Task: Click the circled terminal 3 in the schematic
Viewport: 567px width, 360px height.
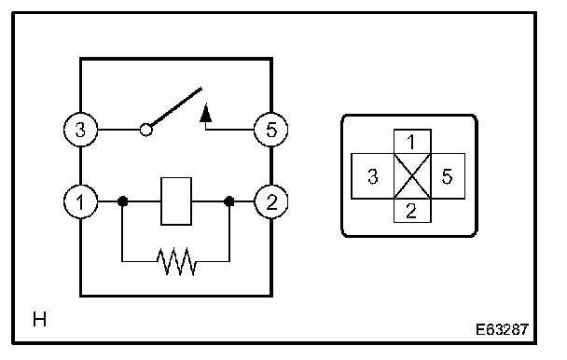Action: pyautogui.click(x=80, y=130)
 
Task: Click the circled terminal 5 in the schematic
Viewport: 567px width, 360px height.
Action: pyautogui.click(x=271, y=130)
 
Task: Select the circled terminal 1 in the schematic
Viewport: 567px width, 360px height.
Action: pyautogui.click(x=80, y=201)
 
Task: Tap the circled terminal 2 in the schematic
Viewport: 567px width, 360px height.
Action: pyautogui.click(x=271, y=201)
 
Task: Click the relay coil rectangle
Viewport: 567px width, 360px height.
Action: pyautogui.click(x=176, y=201)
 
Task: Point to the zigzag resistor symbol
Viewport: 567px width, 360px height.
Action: pyautogui.click(x=176, y=261)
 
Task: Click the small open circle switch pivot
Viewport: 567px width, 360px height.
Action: pyautogui.click(x=146, y=130)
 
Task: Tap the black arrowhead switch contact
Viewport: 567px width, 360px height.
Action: pyautogui.click(x=206, y=113)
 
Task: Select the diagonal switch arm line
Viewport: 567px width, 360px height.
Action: pyautogui.click(x=176, y=107)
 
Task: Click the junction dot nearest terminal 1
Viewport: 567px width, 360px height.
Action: pyautogui.click(x=122, y=201)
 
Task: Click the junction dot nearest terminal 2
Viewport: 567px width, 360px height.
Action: pyautogui.click(x=228, y=201)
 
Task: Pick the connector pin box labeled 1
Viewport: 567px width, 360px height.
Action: pyautogui.click(x=412, y=142)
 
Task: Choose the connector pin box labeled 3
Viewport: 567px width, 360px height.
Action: pyautogui.click(x=372, y=176)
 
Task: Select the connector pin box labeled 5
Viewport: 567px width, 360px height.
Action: pyautogui.click(x=448, y=176)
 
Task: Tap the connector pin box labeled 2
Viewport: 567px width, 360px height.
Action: pyautogui.click(x=412, y=211)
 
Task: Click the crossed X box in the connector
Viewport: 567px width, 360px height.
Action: pyautogui.click(x=412, y=176)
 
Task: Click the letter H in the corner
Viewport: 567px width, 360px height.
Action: pyautogui.click(x=39, y=320)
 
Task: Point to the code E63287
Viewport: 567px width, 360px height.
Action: pyautogui.click(x=502, y=329)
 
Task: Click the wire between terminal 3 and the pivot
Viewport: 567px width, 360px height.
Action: pyautogui.click(x=119, y=130)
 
